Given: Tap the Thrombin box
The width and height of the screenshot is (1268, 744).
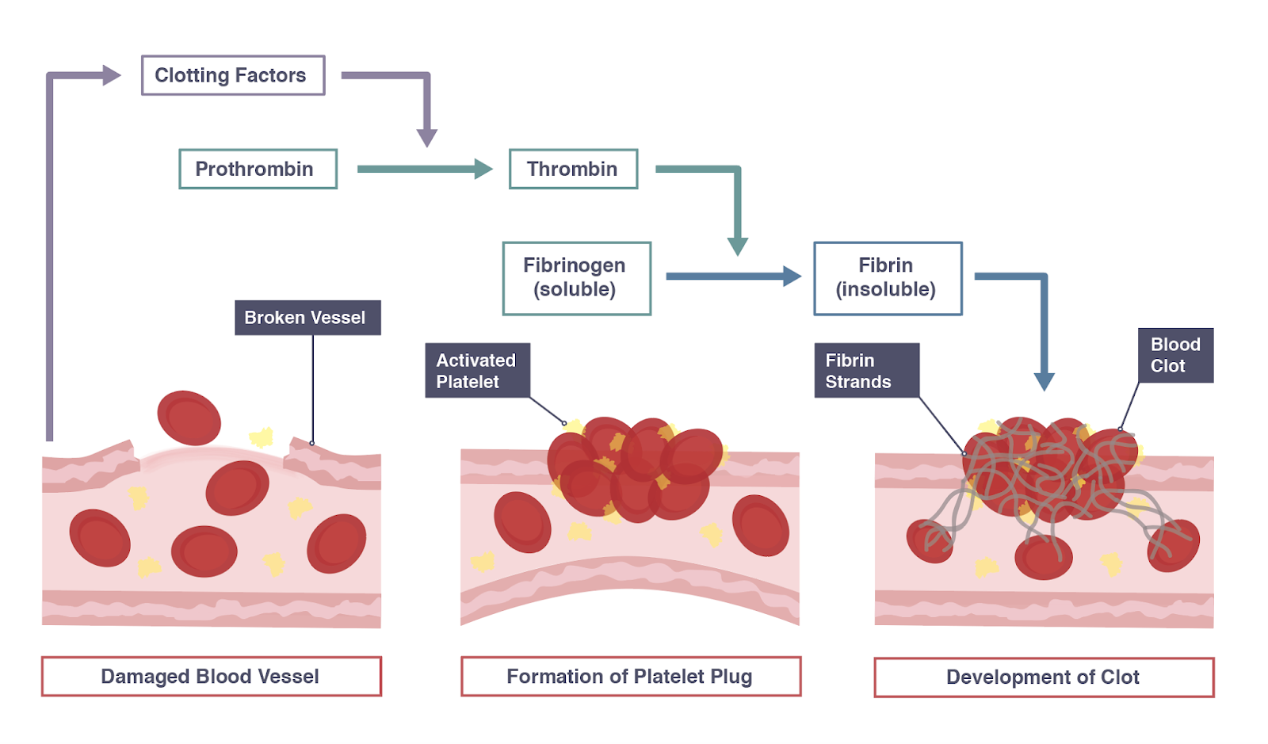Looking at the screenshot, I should tap(573, 169).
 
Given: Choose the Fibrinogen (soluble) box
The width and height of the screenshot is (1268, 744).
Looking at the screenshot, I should tap(576, 278).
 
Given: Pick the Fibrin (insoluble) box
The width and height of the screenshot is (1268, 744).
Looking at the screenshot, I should tap(888, 278).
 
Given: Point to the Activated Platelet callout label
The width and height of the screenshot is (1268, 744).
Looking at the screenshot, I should tap(477, 370).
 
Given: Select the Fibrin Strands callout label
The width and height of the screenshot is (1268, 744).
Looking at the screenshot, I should tap(866, 370).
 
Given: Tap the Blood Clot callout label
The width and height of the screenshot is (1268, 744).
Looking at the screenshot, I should tap(1175, 355).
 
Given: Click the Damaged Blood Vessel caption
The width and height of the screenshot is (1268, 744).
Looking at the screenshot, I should tap(211, 677).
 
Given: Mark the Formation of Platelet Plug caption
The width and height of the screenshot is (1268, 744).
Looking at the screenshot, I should tap(630, 677).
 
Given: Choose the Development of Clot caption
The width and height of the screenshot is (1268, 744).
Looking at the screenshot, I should tap(1043, 677).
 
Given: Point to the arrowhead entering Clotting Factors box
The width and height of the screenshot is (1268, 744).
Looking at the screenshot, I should tap(112, 75).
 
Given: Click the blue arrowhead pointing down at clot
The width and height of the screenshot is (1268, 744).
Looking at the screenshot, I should tap(1045, 382).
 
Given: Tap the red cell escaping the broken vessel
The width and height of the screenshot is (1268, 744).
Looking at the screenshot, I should tap(189, 418).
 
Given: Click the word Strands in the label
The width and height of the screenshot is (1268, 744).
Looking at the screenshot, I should tap(858, 382).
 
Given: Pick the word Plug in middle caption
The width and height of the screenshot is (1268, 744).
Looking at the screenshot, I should tap(731, 677).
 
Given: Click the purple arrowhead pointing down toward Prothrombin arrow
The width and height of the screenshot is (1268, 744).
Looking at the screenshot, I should tap(427, 138).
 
